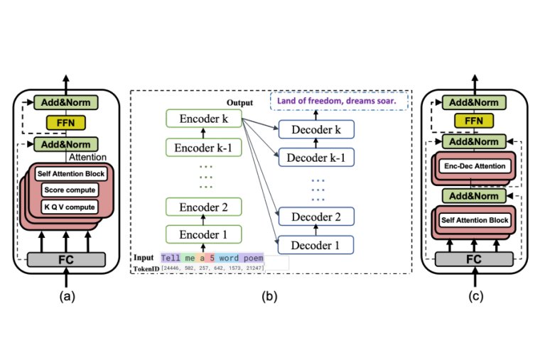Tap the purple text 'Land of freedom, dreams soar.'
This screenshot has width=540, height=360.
coord(336,102)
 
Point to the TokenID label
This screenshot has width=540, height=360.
coord(146,268)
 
